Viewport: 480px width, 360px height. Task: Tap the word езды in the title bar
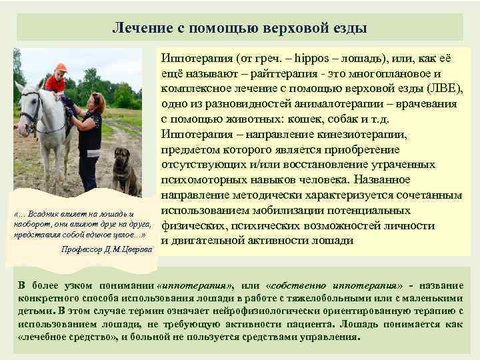349,28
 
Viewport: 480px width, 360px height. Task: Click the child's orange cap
61,67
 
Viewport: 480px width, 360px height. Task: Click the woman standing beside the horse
89,140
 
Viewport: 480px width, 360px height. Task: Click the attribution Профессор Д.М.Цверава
107,249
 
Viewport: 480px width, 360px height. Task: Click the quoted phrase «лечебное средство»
59,337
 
